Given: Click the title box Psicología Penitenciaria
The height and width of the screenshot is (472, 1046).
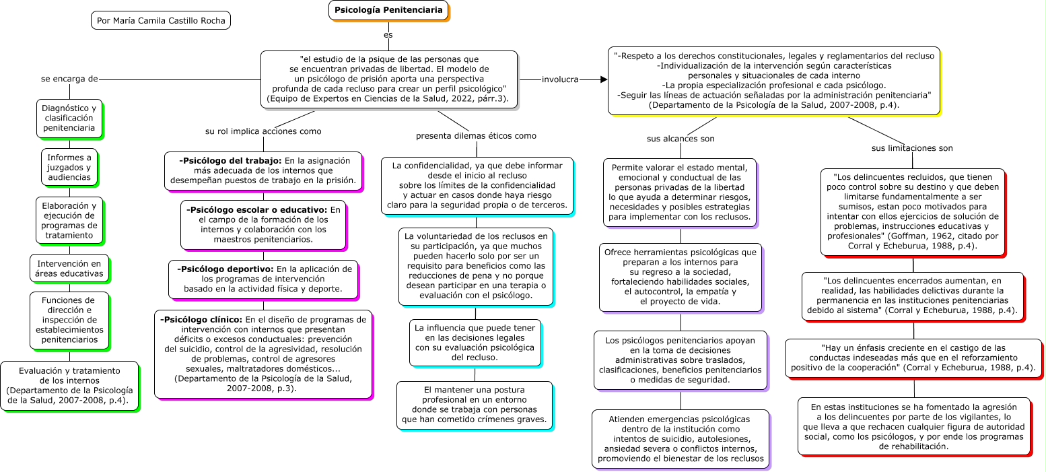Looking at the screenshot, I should (x=388, y=10).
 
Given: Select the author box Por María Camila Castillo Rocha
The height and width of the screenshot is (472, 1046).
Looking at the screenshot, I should (x=161, y=20).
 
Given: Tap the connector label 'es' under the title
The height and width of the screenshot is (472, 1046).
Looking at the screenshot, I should (x=388, y=34).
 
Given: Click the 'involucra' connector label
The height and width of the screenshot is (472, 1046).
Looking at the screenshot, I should (x=560, y=79).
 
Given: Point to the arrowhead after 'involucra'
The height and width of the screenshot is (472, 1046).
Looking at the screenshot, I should (x=603, y=79).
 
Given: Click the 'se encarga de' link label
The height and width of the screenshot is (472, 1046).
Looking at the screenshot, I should (x=69, y=79).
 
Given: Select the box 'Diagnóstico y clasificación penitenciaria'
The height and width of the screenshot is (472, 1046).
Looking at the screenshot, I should (x=69, y=118).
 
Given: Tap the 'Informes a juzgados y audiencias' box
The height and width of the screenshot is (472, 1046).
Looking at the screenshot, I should (x=69, y=167).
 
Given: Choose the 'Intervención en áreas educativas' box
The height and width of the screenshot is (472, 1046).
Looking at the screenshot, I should (x=69, y=269).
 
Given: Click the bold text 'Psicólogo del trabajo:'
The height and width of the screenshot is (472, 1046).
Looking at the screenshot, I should (x=230, y=160).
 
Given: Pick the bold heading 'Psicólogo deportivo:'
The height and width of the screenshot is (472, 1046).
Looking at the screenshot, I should (x=225, y=269).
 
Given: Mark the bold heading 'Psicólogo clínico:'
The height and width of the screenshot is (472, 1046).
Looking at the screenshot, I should (x=201, y=319).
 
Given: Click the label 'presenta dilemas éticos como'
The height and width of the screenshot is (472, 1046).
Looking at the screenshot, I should (x=476, y=135).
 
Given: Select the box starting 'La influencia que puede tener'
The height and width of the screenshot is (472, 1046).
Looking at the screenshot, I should (x=475, y=343).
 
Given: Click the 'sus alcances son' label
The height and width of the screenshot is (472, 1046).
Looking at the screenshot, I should (x=681, y=139).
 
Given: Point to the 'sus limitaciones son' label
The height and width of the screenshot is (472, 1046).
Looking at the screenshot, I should (x=912, y=148).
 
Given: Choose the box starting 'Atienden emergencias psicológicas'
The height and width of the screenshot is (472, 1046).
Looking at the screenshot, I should (x=680, y=438).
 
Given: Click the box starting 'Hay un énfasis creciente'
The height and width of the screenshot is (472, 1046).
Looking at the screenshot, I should (x=913, y=358).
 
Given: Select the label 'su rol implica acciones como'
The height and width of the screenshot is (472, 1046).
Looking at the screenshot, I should (x=263, y=131).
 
